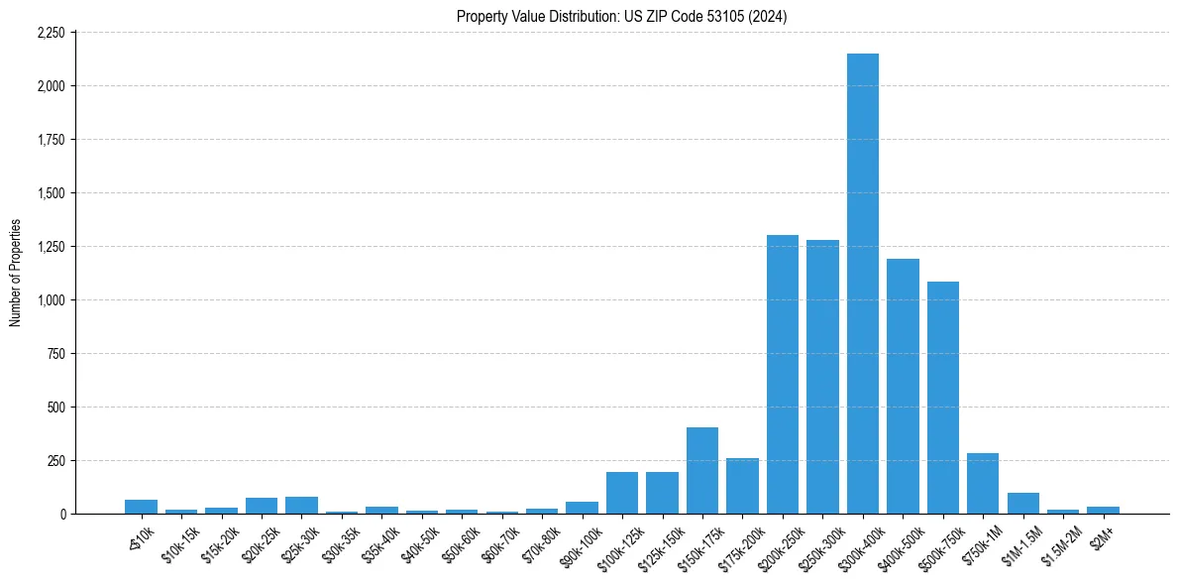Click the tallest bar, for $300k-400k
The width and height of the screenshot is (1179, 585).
(862, 284)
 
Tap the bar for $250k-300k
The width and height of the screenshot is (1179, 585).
(822, 377)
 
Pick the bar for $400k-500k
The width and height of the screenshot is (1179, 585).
(903, 387)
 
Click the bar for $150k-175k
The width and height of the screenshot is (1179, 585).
(701, 471)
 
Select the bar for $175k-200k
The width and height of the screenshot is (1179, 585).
(742, 486)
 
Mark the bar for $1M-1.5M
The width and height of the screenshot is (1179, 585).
(1022, 504)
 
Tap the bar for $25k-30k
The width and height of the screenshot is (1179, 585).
(301, 506)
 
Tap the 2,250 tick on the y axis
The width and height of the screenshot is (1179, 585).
(50, 33)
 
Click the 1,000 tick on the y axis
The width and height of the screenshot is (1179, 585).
(50, 300)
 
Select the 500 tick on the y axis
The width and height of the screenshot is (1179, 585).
(55, 408)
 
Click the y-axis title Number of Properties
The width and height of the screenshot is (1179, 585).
(15, 273)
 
